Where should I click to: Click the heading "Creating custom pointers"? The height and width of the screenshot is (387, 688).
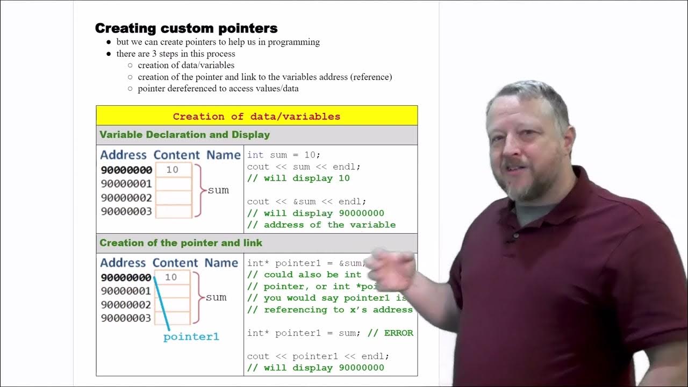tap(186, 28)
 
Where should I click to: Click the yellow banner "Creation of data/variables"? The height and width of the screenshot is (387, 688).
tap(256, 116)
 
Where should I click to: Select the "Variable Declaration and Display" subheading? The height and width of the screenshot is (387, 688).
tap(184, 135)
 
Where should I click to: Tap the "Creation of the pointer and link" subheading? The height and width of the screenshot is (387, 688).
tap(181, 243)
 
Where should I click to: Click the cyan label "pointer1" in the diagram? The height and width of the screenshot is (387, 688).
tap(191, 337)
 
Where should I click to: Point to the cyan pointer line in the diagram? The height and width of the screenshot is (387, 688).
tap(162, 304)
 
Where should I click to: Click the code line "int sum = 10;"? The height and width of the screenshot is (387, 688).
tap(283, 155)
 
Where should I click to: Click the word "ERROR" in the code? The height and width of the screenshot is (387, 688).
tap(398, 333)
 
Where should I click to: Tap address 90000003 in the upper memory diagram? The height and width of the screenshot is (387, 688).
tap(126, 211)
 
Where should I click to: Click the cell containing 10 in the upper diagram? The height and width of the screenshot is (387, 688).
tap(173, 170)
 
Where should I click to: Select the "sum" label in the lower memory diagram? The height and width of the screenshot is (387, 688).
tap(216, 297)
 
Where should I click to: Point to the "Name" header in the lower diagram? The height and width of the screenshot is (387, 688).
tap(221, 263)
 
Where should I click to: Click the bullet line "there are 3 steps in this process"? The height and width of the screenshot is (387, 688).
tap(176, 54)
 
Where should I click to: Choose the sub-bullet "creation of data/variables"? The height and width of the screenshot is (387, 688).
tap(186, 66)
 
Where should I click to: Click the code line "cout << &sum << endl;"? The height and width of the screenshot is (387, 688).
tap(306, 202)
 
